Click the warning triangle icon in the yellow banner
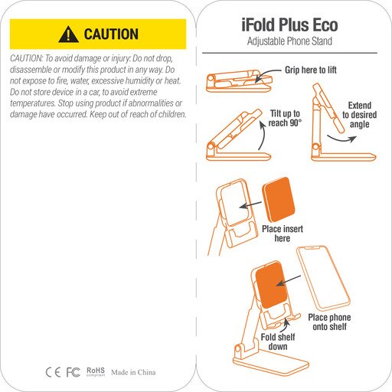point(68,34)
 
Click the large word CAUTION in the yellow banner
point(111,34)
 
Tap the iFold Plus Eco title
point(289,24)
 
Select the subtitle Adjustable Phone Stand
point(289,41)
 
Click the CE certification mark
point(53,372)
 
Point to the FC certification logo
point(73,372)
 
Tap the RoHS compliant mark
point(96,371)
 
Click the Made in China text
point(133,372)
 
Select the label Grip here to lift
point(311,70)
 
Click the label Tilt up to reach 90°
point(285,118)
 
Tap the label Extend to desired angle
point(359,115)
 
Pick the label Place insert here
point(283,234)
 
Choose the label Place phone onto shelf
point(329,322)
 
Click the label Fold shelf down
point(278,342)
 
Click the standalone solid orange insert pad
point(279,200)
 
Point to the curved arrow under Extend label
point(341,139)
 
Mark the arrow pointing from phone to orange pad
point(289,280)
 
